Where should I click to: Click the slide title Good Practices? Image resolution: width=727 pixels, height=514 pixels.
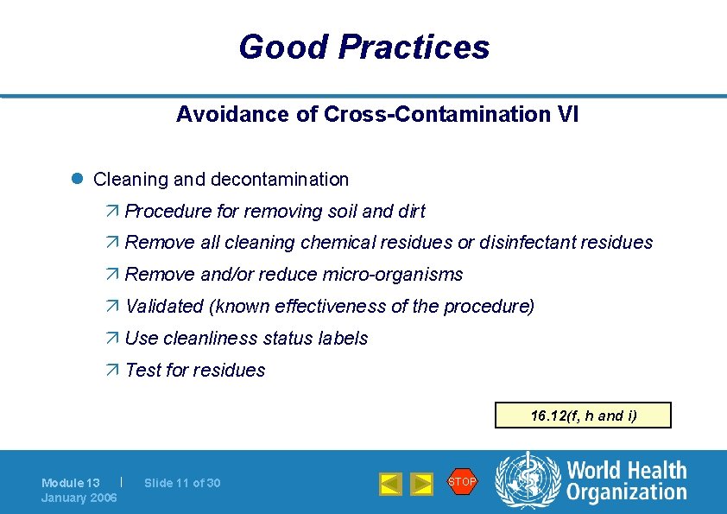click(x=363, y=47)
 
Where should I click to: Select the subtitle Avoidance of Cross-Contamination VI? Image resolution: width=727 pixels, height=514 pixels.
click(x=377, y=114)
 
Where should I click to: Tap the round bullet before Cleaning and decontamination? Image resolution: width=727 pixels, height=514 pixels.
click(x=76, y=179)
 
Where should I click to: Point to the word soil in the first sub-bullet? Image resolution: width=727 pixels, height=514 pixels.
click(x=344, y=212)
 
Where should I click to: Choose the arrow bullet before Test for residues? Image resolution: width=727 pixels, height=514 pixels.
click(x=115, y=371)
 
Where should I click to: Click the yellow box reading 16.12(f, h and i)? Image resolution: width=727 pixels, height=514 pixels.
click(x=583, y=416)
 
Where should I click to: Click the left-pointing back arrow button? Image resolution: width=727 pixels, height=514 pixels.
click(x=390, y=484)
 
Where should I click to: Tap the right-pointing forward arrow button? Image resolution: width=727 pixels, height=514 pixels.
click(x=420, y=484)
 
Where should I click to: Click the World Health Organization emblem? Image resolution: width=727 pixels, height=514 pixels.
click(x=526, y=480)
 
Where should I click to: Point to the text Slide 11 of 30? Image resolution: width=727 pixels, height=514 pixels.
click(x=182, y=483)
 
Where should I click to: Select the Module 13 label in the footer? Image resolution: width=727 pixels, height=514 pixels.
click(x=71, y=483)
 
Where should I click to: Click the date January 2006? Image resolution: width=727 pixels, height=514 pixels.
click(x=79, y=498)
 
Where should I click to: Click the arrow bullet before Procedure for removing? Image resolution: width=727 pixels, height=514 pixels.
click(x=115, y=212)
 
